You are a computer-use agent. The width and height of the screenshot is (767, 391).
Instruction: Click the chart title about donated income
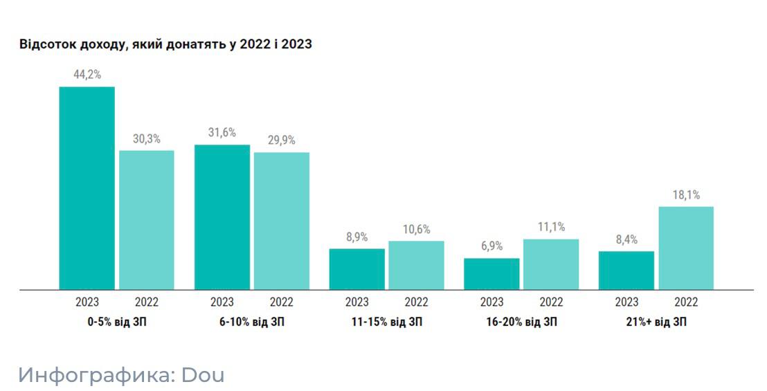(166, 45)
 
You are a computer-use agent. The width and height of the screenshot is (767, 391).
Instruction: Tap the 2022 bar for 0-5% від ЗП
(147, 220)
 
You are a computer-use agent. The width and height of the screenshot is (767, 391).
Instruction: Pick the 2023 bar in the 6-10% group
(222, 217)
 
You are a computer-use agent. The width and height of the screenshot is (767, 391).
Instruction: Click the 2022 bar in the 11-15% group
(416, 265)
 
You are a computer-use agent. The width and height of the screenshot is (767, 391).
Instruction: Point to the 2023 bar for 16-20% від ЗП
(491, 274)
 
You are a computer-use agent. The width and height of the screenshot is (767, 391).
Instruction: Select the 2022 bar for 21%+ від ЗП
(686, 248)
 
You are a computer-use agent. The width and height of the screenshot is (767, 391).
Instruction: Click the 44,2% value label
(87, 75)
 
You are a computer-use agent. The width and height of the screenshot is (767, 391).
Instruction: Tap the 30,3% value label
(147, 138)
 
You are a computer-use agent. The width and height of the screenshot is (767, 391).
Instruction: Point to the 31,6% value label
(222, 133)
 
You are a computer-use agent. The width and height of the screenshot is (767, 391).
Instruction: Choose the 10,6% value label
(416, 229)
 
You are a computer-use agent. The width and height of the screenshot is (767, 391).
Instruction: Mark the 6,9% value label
(491, 246)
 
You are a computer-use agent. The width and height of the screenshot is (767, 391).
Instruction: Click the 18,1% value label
(686, 194)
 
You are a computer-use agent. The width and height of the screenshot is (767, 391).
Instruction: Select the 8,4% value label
(626, 239)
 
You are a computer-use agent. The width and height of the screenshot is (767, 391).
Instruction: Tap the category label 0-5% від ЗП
(117, 322)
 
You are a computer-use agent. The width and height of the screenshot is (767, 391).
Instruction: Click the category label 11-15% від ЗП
(386, 322)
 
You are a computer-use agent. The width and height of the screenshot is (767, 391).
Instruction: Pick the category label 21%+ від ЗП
(656, 322)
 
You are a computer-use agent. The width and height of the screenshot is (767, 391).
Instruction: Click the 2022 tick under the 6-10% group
(282, 302)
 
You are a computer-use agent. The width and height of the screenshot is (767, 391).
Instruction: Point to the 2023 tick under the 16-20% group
(491, 302)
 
